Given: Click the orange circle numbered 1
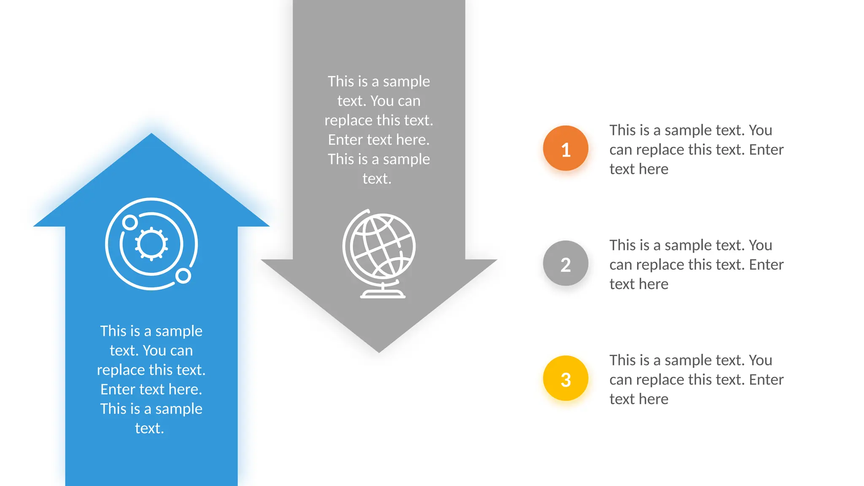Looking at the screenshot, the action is click(565, 148).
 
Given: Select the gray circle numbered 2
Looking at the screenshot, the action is click(565, 264).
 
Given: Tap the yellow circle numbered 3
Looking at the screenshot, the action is click(565, 378).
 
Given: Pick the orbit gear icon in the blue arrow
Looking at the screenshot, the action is click(151, 243).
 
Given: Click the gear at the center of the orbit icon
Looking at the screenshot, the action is click(151, 243).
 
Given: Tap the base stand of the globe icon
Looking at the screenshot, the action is click(383, 294).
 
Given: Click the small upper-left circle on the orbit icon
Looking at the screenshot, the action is click(130, 222).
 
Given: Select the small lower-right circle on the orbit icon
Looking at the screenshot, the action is click(183, 276).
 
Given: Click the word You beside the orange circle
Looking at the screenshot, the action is click(760, 130).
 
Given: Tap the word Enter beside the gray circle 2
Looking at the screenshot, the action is click(766, 265).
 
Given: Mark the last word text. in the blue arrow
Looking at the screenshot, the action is click(149, 428).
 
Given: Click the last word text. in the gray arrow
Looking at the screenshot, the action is click(377, 178).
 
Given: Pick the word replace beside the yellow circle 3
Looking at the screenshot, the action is click(660, 380).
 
